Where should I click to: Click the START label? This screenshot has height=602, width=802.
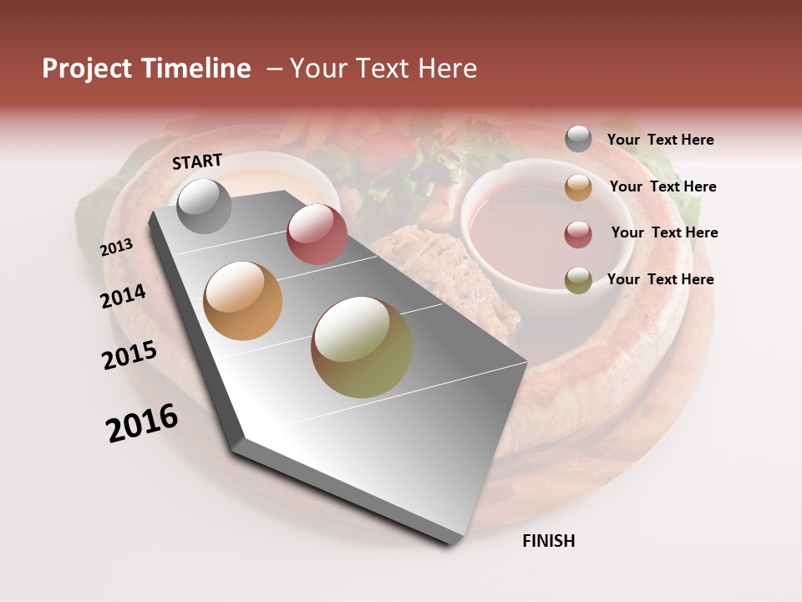(197, 161)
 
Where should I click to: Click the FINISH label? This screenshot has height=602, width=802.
(549, 541)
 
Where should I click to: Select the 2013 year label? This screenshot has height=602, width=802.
(117, 247)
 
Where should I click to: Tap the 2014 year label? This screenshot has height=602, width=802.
(124, 297)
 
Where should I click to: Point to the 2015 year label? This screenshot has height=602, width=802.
(129, 355)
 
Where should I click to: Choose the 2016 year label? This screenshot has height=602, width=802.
(142, 423)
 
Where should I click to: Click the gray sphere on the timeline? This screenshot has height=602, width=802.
(204, 206)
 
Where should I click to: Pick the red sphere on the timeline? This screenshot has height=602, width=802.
(317, 234)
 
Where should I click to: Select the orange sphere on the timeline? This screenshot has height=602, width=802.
(243, 301)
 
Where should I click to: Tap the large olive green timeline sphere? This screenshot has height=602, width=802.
(362, 347)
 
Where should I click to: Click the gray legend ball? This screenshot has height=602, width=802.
(578, 140)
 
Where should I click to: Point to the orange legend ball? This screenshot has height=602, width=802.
(578, 187)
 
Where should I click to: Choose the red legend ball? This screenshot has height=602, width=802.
(578, 234)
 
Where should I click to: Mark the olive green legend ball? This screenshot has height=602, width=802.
(578, 280)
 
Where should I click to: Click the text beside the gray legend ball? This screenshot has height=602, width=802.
(660, 140)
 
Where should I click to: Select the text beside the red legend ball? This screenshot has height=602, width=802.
(664, 232)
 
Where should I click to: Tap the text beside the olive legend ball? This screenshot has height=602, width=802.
(660, 279)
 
